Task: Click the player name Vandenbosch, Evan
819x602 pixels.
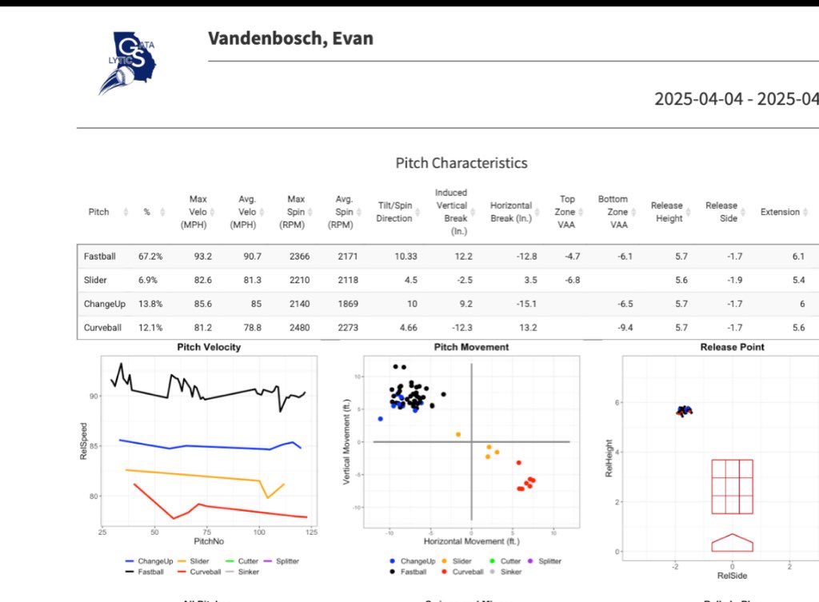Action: pyautogui.click(x=290, y=38)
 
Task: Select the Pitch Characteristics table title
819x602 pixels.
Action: pyautogui.click(x=461, y=163)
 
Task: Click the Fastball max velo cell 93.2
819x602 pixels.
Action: pyautogui.click(x=198, y=257)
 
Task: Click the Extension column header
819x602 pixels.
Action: pyautogui.click(x=780, y=212)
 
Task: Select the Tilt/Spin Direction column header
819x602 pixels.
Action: pyautogui.click(x=394, y=212)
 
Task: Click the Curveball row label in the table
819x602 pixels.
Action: pyautogui.click(x=102, y=327)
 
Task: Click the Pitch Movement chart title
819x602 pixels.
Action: pyautogui.click(x=471, y=347)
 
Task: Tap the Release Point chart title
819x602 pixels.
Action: pyautogui.click(x=732, y=347)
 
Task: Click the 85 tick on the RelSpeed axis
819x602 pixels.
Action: pyautogui.click(x=94, y=446)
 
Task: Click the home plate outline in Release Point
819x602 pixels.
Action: pyautogui.click(x=732, y=543)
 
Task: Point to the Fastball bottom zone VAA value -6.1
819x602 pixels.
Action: pyautogui.click(x=617, y=257)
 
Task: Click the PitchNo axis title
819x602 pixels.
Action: pyautogui.click(x=206, y=543)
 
